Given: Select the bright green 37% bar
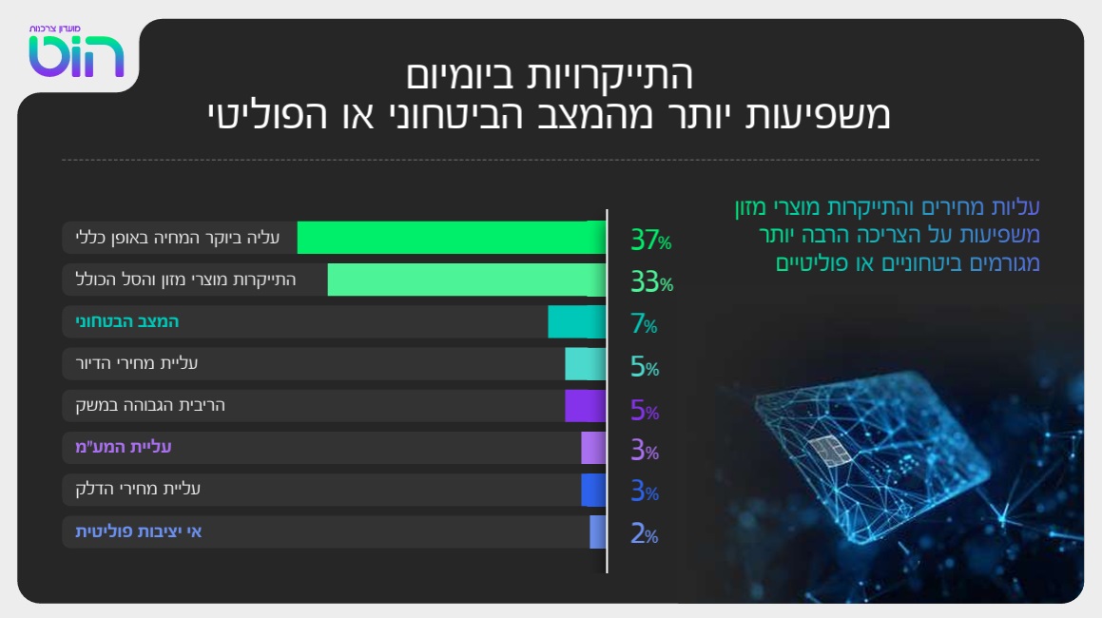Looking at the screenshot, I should (451, 238).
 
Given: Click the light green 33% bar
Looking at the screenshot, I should (466, 280).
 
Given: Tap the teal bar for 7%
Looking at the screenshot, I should (576, 322).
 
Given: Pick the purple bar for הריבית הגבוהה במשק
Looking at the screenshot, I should (585, 406).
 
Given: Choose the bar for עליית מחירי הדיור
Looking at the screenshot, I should (585, 364).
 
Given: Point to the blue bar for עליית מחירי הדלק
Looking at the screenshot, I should (593, 490).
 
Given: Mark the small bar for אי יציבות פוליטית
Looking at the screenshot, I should (597, 532).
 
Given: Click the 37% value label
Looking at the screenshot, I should (650, 241).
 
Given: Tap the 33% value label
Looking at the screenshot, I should (651, 282).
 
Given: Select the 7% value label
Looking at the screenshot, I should (644, 325).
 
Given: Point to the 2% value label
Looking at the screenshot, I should (644, 534).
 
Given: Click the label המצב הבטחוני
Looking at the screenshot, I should (127, 322).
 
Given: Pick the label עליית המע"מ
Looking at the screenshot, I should (124, 447).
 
